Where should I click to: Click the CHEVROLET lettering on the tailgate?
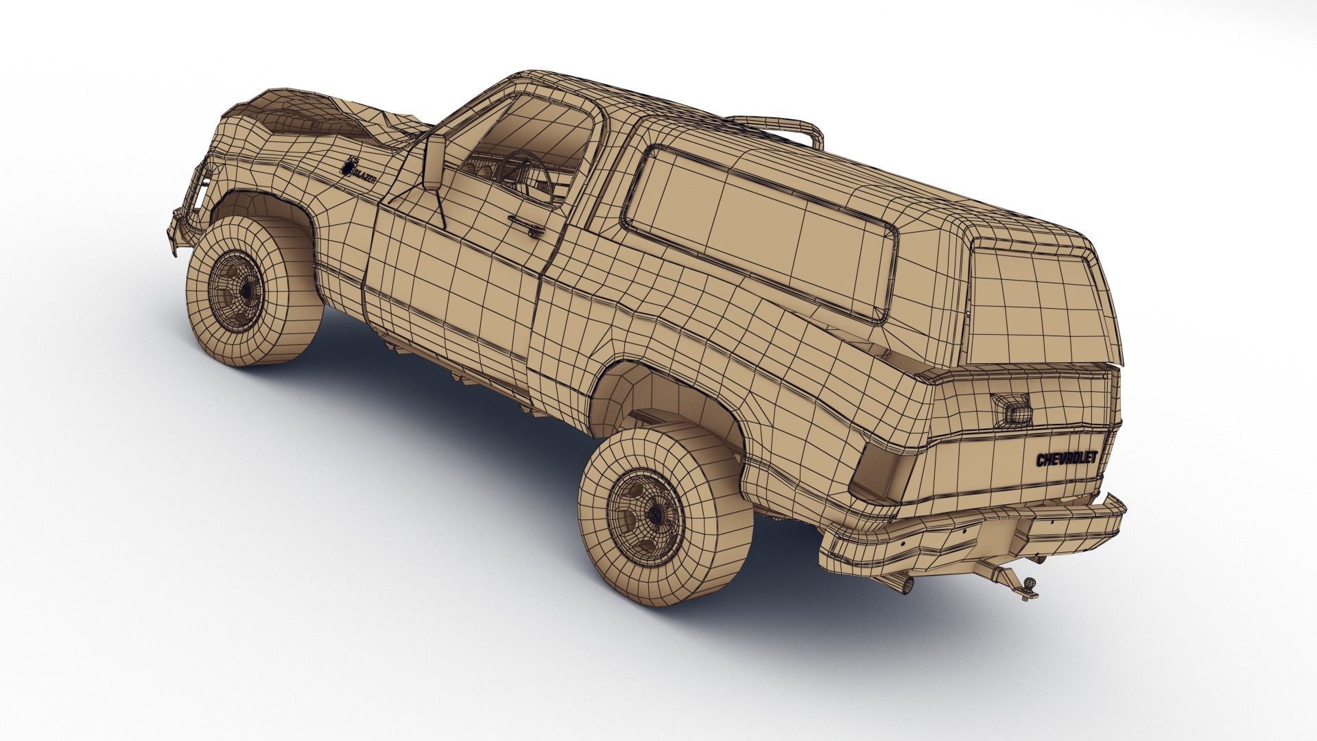(1067, 459)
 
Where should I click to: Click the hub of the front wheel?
(246, 290)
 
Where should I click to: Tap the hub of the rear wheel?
(648, 513)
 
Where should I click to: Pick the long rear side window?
(761, 230)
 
